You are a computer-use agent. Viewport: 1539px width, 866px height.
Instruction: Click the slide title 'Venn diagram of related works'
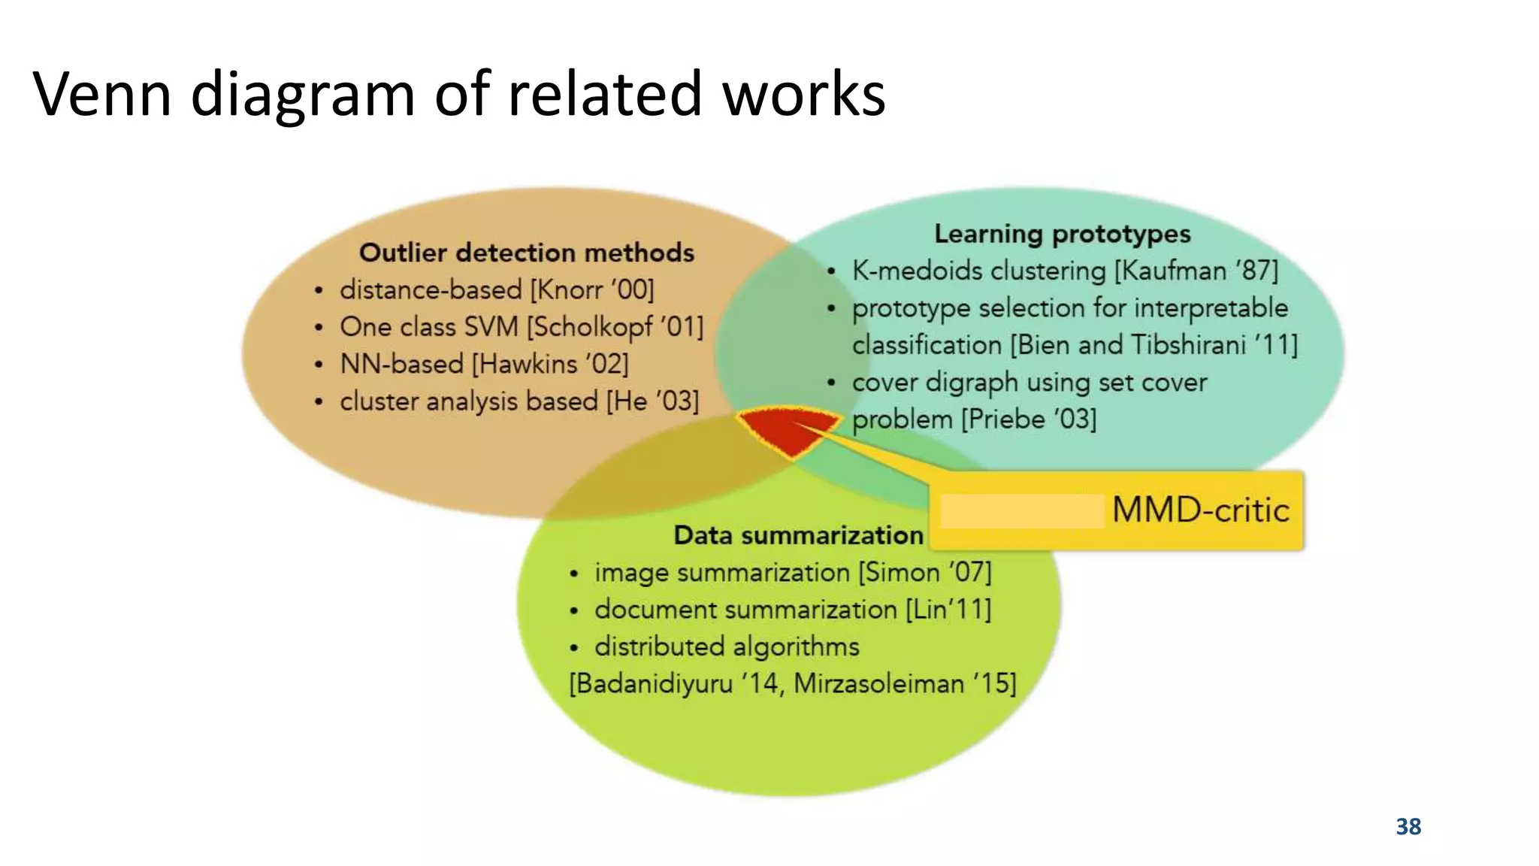point(459,94)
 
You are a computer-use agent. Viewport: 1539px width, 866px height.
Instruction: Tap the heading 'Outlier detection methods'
point(526,253)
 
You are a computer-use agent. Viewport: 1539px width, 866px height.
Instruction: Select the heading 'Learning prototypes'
point(1062,234)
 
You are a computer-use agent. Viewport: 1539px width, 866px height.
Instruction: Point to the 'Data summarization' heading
point(798,535)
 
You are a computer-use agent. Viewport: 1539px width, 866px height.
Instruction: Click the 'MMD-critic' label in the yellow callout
point(1200,510)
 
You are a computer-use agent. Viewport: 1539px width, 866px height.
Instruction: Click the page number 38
point(1408,826)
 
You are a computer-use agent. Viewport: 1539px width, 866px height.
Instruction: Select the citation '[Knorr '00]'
point(592,289)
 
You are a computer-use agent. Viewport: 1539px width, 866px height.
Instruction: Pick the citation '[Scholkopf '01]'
point(615,327)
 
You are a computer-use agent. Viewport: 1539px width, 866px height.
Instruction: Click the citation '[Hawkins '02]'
point(550,364)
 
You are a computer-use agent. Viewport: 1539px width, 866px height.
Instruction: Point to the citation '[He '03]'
point(652,401)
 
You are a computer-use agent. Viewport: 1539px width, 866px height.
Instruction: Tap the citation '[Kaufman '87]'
point(1196,271)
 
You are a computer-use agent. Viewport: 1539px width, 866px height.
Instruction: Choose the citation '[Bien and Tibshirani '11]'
point(1153,345)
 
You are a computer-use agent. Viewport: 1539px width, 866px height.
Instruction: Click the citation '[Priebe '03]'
point(1029,419)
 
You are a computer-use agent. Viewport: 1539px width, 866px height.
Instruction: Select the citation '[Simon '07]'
point(925,572)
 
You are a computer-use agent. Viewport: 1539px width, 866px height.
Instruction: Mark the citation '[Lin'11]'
point(948,609)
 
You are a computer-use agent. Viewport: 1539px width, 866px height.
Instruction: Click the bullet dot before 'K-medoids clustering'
point(831,271)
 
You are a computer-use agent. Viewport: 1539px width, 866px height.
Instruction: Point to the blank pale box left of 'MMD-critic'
point(1022,511)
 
